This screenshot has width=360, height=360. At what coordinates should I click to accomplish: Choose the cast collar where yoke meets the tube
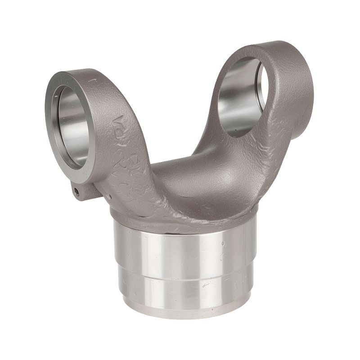180,216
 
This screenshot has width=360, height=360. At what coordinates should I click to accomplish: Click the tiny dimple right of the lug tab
109,195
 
